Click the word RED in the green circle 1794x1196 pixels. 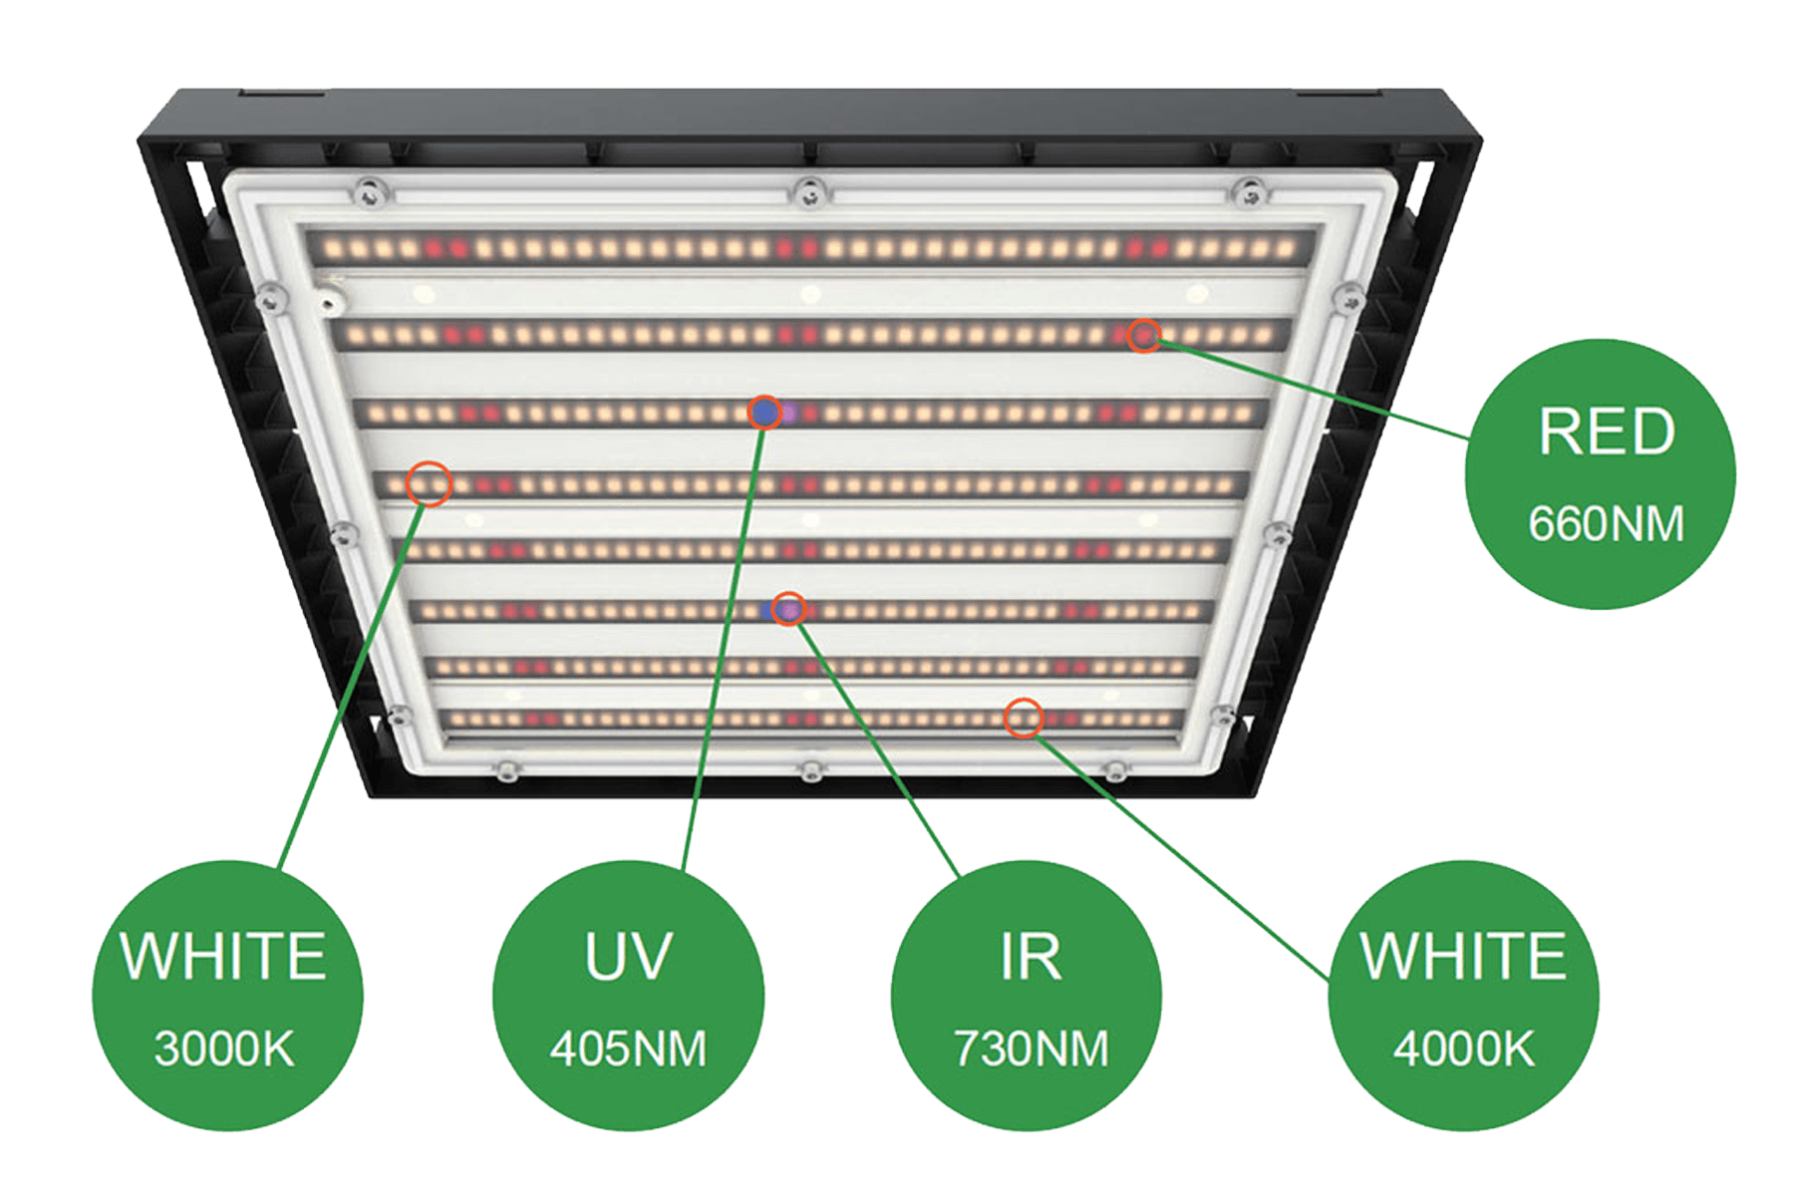(x=1606, y=432)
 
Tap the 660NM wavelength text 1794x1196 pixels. (x=1606, y=523)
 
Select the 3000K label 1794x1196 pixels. (x=224, y=1048)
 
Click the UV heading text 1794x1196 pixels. (x=628, y=955)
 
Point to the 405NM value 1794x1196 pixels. (x=628, y=1048)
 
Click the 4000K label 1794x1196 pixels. (x=1463, y=1048)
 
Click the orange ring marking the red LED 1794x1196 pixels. (x=1144, y=336)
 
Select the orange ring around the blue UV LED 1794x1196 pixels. (x=765, y=411)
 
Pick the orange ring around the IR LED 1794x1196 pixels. (x=789, y=608)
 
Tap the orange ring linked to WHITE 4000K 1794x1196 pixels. (x=1023, y=717)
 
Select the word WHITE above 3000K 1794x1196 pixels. (x=224, y=955)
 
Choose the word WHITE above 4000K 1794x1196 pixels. (x=1463, y=955)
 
